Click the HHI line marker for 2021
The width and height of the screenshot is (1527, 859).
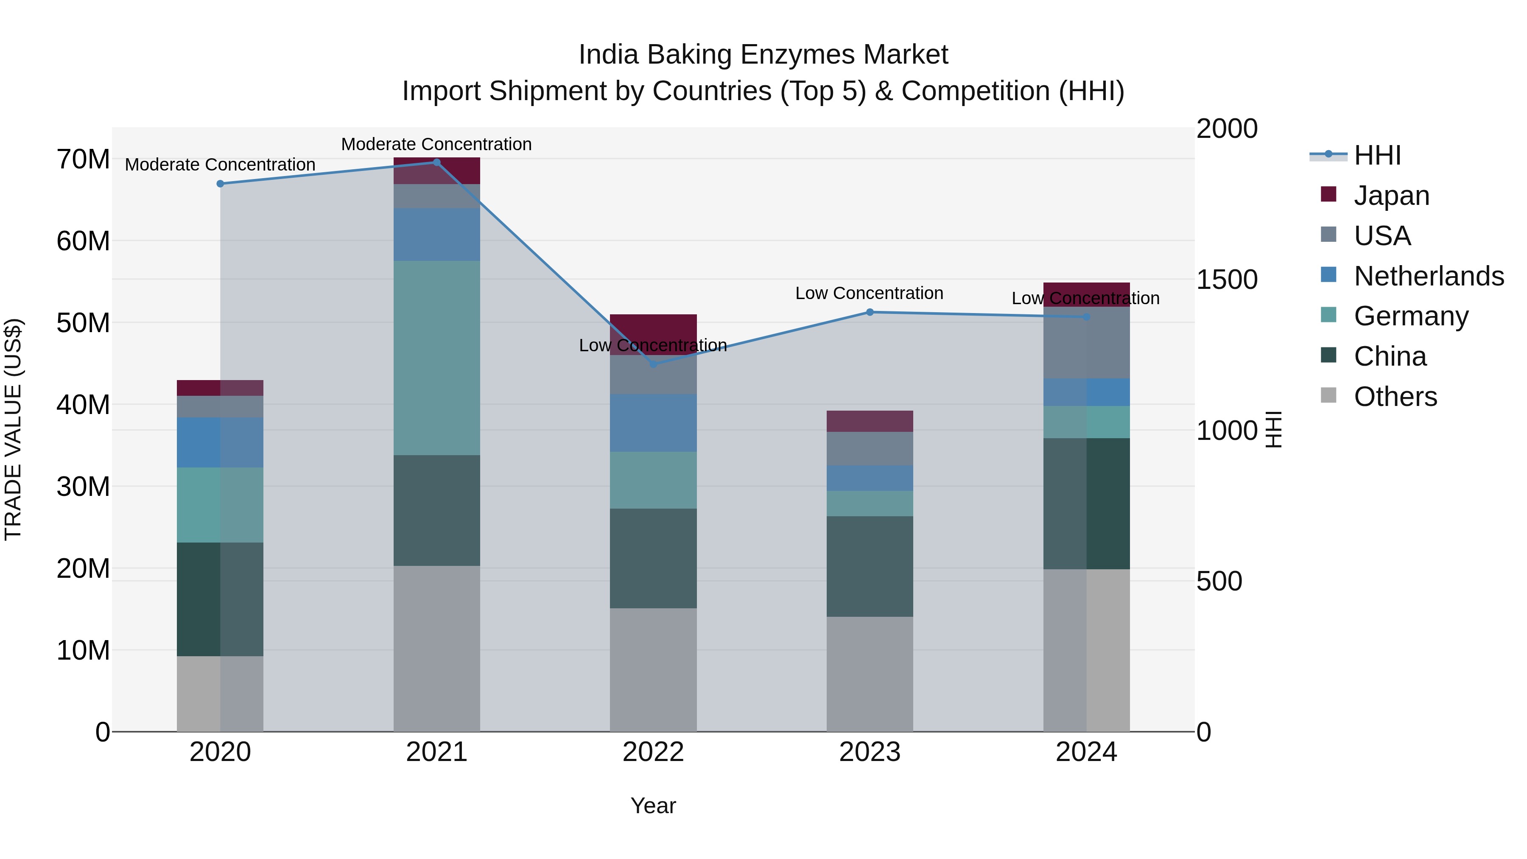(x=436, y=162)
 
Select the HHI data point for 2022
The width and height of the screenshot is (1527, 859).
(x=653, y=364)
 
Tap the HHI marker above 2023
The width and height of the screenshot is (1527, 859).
(x=870, y=312)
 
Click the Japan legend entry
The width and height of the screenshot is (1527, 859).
(x=1391, y=196)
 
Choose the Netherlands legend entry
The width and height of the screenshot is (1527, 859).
(x=1429, y=276)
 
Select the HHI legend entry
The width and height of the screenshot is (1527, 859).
(x=1377, y=155)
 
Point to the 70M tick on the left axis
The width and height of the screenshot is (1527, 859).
(x=83, y=159)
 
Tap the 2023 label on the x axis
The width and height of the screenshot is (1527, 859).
(x=870, y=752)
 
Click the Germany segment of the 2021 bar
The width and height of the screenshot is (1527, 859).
(x=436, y=358)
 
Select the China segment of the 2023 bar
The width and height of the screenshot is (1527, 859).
(x=870, y=566)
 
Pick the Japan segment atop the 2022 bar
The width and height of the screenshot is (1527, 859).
(x=653, y=326)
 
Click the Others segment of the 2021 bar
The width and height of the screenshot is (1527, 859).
(x=436, y=649)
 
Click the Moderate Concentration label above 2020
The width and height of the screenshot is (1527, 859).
(x=220, y=165)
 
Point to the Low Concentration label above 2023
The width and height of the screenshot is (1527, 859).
(x=869, y=294)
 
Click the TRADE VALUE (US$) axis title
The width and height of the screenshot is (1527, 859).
(x=13, y=429)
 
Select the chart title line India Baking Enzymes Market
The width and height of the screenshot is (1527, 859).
(x=763, y=55)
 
